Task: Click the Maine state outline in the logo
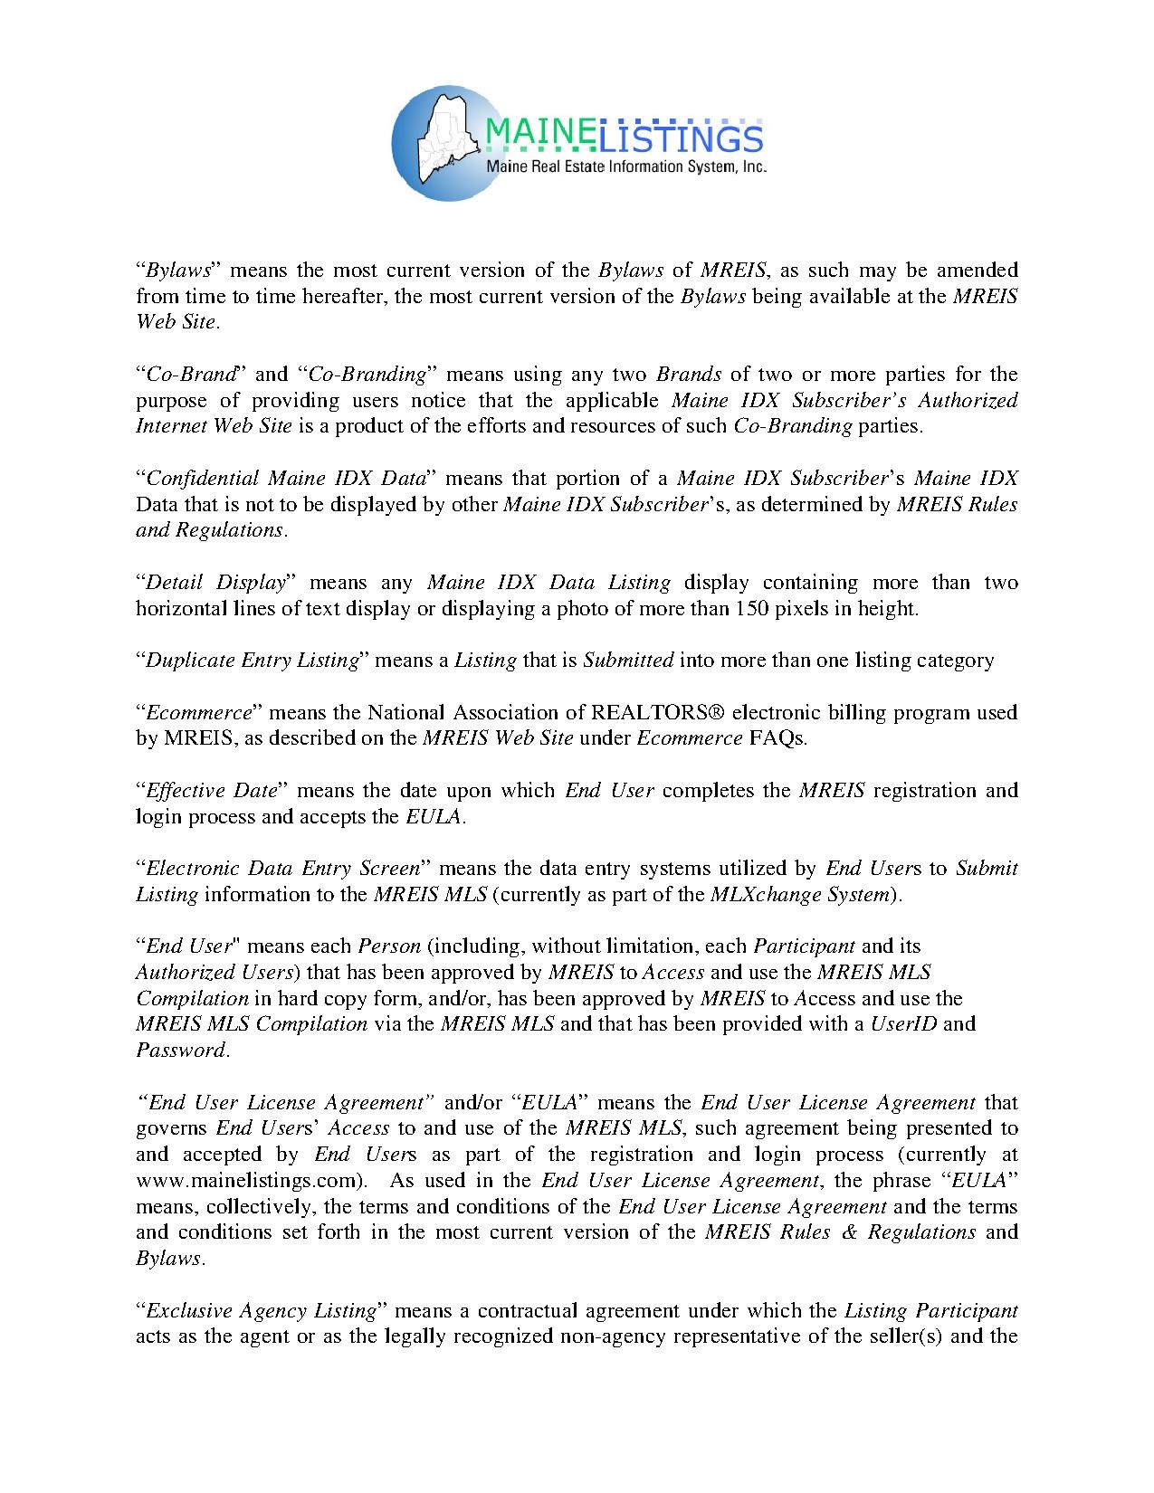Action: (x=444, y=131)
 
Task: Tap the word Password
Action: (x=180, y=1051)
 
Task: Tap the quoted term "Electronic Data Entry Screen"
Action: (x=281, y=869)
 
